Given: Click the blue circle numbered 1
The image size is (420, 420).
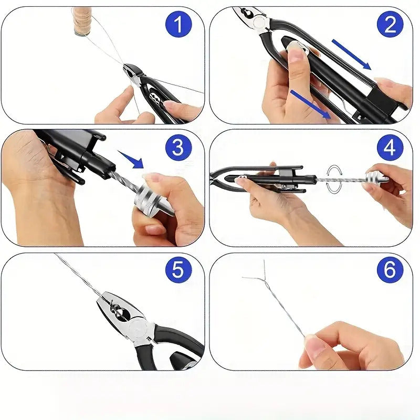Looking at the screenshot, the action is (178, 24).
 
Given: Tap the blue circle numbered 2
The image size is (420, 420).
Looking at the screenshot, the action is (390, 24).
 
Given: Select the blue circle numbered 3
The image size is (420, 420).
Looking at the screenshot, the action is (178, 148).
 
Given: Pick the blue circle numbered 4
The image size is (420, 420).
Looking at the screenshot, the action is (390, 148).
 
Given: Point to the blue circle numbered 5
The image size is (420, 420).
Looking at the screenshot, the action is (178, 270).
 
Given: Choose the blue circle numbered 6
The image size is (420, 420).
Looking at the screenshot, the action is (390, 270).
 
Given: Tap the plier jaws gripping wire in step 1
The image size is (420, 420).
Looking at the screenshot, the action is (133, 73).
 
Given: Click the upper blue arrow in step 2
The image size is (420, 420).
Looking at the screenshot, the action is (351, 55).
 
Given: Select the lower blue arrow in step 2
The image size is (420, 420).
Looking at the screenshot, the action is (311, 104).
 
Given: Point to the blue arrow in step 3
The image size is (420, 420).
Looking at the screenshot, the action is (131, 160).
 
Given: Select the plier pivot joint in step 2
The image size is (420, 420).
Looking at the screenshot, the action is (259, 22).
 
